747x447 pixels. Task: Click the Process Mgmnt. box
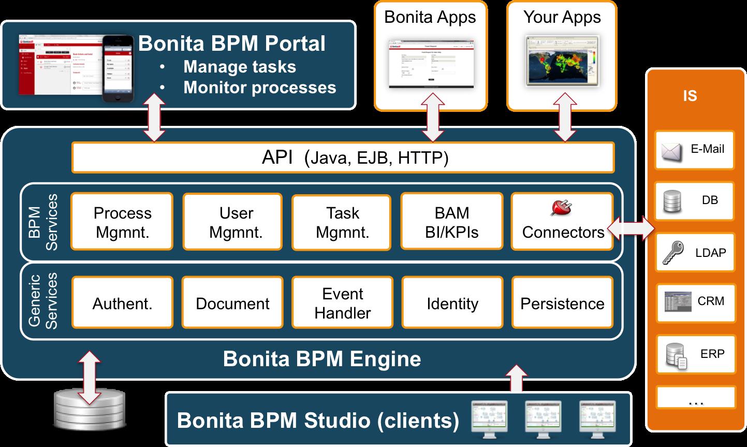tap(122, 222)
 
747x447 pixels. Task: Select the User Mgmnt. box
tap(232, 222)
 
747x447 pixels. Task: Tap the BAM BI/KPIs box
tap(451, 222)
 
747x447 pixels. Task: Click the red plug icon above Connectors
tap(561, 208)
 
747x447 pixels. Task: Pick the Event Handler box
tap(342, 302)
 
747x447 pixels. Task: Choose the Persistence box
tap(562, 302)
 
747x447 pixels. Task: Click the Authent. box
tap(122, 302)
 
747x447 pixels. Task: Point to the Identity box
tap(452, 302)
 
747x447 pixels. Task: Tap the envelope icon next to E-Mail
tap(671, 151)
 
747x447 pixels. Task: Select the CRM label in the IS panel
tap(711, 301)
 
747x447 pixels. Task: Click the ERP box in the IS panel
tap(695, 355)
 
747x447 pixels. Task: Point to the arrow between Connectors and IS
tap(631, 228)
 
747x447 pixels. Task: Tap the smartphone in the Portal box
tap(118, 69)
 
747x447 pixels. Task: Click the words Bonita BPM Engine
tap(321, 359)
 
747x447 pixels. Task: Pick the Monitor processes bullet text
tap(259, 88)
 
